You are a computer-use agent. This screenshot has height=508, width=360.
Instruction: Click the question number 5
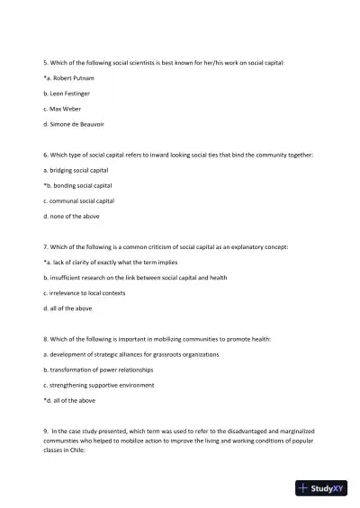point(45,64)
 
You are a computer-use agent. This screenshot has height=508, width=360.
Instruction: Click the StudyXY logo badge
point(321,488)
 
